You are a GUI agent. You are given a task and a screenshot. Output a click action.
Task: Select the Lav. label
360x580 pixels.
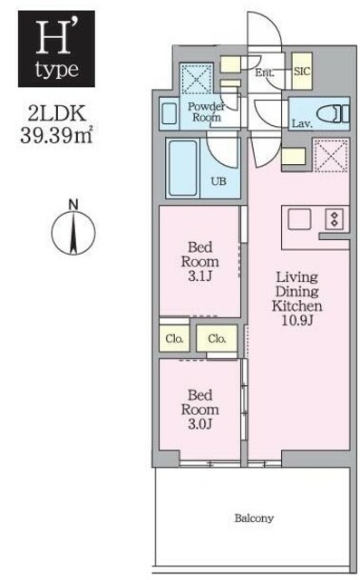[x=302, y=124]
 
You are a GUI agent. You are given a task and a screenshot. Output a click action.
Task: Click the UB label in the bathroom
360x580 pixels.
[x=219, y=181]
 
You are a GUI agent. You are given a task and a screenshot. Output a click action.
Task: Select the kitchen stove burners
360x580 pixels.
[x=333, y=218]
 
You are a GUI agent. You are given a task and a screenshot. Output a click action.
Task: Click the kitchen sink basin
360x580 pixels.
[x=300, y=218]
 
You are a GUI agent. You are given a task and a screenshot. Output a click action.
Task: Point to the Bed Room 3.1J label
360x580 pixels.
[x=200, y=261]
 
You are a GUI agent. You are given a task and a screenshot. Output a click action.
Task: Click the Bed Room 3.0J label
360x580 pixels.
[x=200, y=410]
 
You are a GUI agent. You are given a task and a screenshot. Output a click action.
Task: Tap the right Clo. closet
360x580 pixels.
[x=216, y=338]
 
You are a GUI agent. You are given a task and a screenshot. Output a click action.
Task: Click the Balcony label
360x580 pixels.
[x=253, y=519]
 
